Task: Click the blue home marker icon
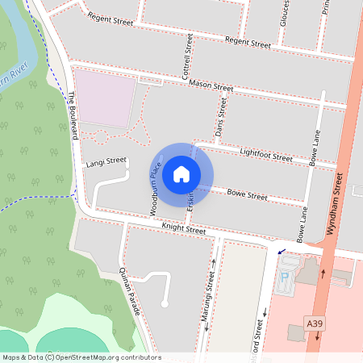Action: (x=181, y=173)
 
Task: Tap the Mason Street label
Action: (x=211, y=86)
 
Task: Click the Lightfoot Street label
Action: (x=265, y=154)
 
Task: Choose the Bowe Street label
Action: (x=246, y=194)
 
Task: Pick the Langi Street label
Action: (x=106, y=162)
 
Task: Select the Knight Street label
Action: (x=184, y=229)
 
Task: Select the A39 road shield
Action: (x=315, y=323)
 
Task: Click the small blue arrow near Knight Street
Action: (x=281, y=252)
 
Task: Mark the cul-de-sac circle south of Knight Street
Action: (x=164, y=304)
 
